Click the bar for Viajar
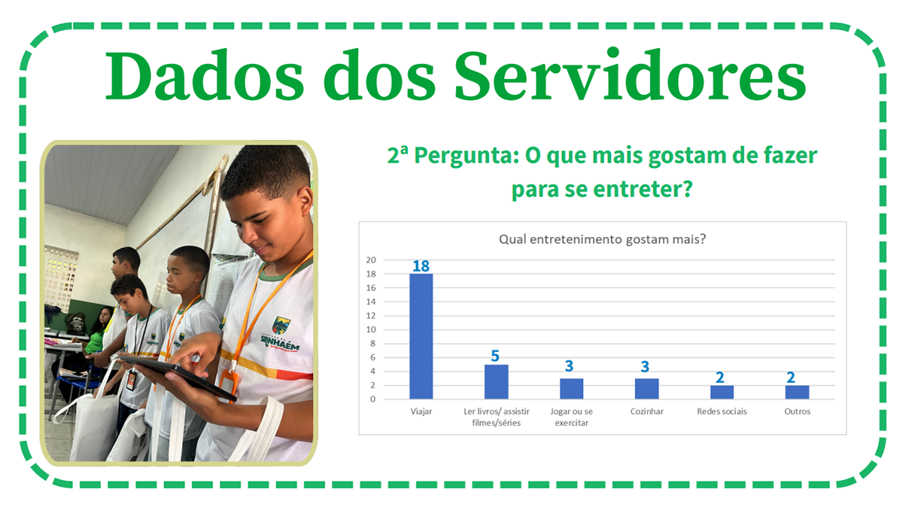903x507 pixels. (421, 336)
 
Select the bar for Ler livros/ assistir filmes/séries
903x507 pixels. (496, 381)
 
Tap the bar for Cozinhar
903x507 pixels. (646, 388)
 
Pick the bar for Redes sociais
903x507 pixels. (722, 392)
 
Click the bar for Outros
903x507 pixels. (797, 392)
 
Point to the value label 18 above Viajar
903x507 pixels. (421, 266)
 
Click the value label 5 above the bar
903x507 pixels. (495, 356)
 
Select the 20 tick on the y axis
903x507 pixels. (371, 260)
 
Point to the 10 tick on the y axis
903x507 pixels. (371, 329)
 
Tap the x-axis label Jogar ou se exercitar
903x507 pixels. (571, 417)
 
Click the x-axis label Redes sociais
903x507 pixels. (722, 411)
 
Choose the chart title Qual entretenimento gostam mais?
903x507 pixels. (602, 239)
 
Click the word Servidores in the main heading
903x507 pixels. (631, 76)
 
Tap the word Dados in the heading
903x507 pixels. (204, 76)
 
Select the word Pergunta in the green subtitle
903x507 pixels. (467, 156)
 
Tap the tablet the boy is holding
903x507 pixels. (178, 377)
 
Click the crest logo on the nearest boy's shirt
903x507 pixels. (281, 325)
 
